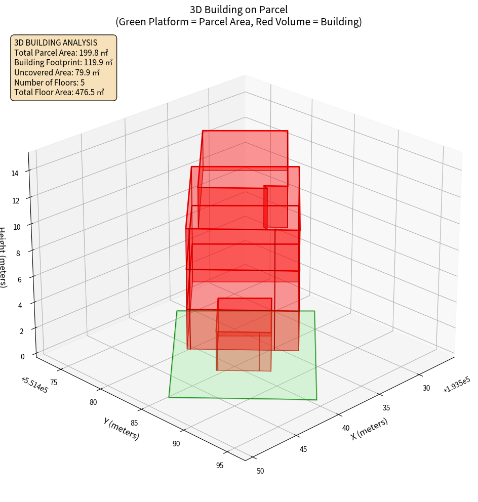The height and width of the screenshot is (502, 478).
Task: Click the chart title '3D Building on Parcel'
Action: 238,9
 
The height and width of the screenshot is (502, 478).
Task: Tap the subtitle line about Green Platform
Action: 238,22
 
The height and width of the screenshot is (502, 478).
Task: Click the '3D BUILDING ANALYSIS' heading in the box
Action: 56,43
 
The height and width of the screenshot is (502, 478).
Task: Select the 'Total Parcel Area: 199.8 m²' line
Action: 61,53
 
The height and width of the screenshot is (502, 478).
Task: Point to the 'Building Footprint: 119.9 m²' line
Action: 63,62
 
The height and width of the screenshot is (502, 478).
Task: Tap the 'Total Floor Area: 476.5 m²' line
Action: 59,92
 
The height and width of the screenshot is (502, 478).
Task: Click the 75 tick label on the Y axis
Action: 53,382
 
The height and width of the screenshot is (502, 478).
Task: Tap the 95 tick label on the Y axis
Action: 219,466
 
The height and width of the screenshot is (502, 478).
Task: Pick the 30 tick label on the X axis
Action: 426,388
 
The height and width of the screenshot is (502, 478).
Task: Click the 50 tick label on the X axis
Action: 260,471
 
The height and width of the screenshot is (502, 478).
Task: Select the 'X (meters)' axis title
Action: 369,429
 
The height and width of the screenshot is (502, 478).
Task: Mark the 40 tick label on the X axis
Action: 346,428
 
